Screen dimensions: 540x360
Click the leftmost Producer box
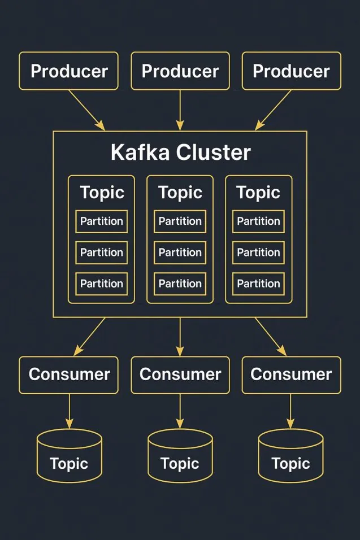pyautogui.click(x=69, y=71)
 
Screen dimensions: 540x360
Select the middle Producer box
pyautogui.click(x=180, y=71)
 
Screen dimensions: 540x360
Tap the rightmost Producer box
pyautogui.click(x=291, y=71)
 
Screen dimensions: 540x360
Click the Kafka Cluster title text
pyautogui.click(x=180, y=153)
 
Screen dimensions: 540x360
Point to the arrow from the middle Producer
pyautogui.click(x=180, y=110)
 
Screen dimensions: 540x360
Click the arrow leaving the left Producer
pyautogui.click(x=86, y=110)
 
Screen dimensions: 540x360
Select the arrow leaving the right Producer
pyautogui.click(x=274, y=110)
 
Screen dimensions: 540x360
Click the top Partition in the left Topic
pyautogui.click(x=102, y=221)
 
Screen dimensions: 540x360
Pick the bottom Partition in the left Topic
pyautogui.click(x=102, y=284)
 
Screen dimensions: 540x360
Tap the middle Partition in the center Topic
pyautogui.click(x=180, y=252)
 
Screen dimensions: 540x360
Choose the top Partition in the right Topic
pyautogui.click(x=258, y=221)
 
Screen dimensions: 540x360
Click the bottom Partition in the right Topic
pyautogui.click(x=258, y=284)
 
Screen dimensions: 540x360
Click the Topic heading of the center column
pyautogui.click(x=180, y=193)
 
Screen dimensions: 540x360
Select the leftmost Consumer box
pyautogui.click(x=69, y=374)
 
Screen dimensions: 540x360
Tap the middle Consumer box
pyautogui.click(x=180, y=374)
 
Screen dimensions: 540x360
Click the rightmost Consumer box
pyautogui.click(x=291, y=374)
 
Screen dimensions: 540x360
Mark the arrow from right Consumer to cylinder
pyautogui.click(x=291, y=411)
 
